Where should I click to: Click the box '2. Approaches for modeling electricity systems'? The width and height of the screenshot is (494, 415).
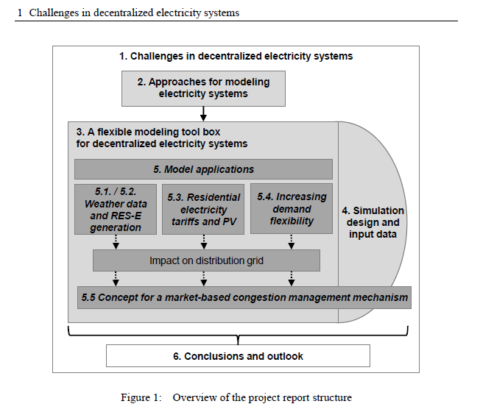[203, 88]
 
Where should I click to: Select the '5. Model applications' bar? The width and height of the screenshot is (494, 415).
[203, 169]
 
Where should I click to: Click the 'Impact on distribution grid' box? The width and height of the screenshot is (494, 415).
[205, 260]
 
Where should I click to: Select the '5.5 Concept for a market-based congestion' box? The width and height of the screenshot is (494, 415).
[243, 297]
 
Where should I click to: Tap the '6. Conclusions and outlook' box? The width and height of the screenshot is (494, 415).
[238, 356]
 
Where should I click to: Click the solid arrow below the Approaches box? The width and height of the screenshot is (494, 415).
[203, 113]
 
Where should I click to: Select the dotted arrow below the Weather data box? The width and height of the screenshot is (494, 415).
[116, 242]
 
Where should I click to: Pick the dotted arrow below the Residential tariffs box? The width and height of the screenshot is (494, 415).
[203, 242]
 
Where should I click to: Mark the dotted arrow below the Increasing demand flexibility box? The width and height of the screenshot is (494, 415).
[292, 242]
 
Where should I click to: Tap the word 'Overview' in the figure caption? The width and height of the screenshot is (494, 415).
[194, 398]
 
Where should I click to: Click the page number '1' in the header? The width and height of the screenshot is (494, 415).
[19, 13]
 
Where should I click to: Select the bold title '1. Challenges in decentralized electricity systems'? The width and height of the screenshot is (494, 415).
[236, 56]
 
